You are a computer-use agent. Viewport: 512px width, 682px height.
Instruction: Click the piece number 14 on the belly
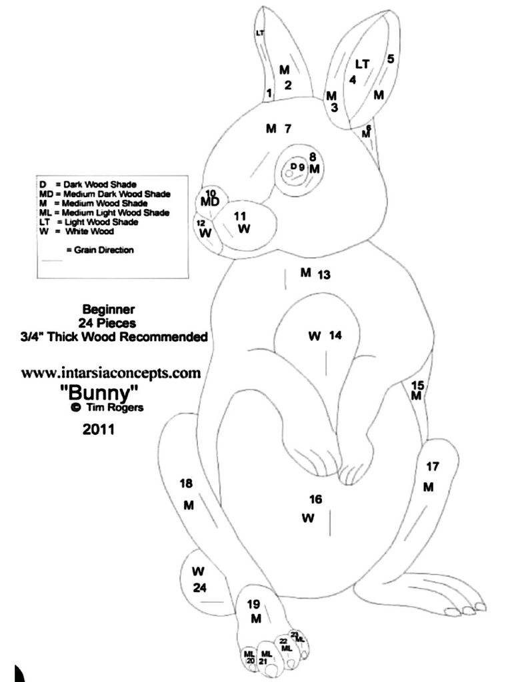coord(335,336)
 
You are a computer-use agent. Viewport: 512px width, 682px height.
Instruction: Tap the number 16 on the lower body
coord(316,499)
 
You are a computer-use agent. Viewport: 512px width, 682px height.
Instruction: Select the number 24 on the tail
coord(200,587)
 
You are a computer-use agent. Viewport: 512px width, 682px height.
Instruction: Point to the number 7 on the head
coord(288,128)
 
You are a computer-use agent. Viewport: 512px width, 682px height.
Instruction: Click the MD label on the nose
coord(210,201)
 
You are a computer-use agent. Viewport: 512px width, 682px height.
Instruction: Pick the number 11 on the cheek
coord(240,215)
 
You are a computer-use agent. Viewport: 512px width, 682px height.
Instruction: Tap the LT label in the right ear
coord(362,64)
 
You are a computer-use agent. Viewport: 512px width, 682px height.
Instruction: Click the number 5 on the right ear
coord(391,59)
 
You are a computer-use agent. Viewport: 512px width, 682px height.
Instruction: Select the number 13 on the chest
coord(324,274)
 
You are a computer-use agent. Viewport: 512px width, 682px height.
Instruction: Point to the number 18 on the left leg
coord(186,484)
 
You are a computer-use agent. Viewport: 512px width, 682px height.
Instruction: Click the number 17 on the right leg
coord(433,466)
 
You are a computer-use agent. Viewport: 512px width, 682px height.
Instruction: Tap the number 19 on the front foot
coord(253,604)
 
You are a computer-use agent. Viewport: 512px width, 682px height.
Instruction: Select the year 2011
coord(99,430)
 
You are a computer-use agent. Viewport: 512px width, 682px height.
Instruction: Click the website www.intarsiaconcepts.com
coord(111,372)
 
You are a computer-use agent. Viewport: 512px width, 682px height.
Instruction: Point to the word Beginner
coord(109,309)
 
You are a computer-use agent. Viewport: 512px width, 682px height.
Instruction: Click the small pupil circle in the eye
coord(289,173)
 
